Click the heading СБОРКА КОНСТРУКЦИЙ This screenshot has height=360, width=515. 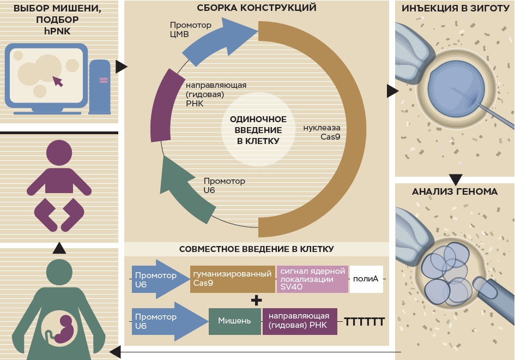pos(256,8)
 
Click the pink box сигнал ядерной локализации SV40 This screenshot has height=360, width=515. pos(312,279)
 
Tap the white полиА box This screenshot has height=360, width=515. pos(366,279)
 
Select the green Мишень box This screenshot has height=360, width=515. pos(234,321)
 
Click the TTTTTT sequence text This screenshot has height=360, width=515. pos(364,322)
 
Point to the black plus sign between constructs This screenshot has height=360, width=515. pos(257,300)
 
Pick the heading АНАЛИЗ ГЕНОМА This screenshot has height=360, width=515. pos(455,191)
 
